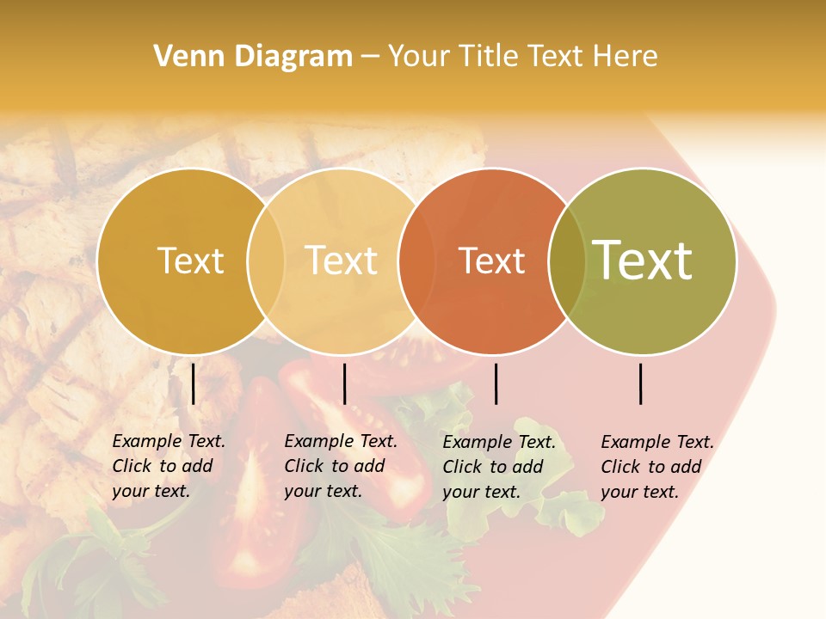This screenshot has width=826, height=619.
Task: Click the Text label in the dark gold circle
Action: pos(190,260)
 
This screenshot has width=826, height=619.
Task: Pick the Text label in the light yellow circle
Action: pos(342,260)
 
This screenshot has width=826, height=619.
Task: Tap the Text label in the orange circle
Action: pos(492,260)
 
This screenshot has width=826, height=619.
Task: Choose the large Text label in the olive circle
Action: pos(643,260)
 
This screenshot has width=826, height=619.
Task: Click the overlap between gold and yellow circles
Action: pos(266,260)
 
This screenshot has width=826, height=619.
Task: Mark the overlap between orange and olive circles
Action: pos(567,260)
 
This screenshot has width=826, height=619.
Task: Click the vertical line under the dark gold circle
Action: pos(194,383)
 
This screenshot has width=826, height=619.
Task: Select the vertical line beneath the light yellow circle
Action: pos(344,383)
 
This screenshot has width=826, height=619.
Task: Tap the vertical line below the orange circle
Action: pos(496,383)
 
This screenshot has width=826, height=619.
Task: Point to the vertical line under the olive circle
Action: pos(641,383)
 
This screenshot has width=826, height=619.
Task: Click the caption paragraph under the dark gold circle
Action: pos(169,466)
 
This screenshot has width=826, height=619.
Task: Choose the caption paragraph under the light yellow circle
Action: pos(341,466)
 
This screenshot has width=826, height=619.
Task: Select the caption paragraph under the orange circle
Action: pos(499,467)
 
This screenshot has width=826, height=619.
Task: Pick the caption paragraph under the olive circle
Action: pos(657,467)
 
